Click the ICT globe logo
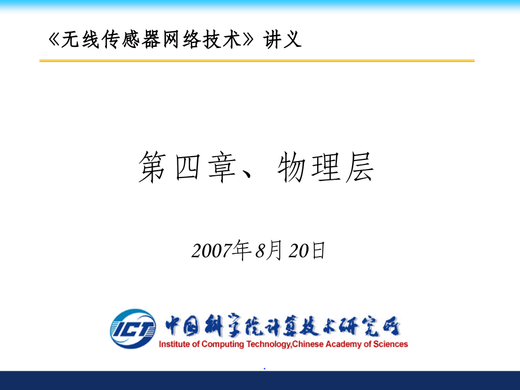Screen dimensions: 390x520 pyautogui.click(x=133, y=328)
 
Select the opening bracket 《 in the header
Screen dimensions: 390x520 pyautogui.click(x=53, y=39)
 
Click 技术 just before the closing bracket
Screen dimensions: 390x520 pyautogui.click(x=223, y=39)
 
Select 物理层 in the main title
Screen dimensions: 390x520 pyautogui.click(x=326, y=168)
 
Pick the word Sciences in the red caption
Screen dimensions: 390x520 pyautogui.click(x=391, y=344)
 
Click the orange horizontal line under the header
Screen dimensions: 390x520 pyautogui.click(x=257, y=60)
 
